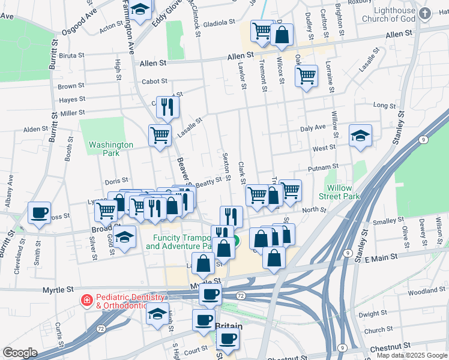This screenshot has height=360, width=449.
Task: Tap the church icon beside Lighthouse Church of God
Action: click(x=425, y=13)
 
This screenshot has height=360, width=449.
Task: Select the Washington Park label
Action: click(x=111, y=149)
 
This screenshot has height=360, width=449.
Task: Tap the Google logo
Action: click(x=20, y=353)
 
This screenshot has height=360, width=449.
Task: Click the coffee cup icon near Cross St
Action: click(x=40, y=212)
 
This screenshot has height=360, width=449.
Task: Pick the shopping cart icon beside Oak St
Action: click(x=306, y=75)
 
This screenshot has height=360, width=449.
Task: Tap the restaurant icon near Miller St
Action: click(x=168, y=106)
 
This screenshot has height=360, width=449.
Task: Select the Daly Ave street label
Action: click(x=312, y=128)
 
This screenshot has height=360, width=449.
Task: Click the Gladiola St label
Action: click(x=219, y=22)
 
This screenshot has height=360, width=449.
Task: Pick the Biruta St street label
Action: click(x=71, y=55)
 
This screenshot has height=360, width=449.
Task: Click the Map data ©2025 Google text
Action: click(x=412, y=355)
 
